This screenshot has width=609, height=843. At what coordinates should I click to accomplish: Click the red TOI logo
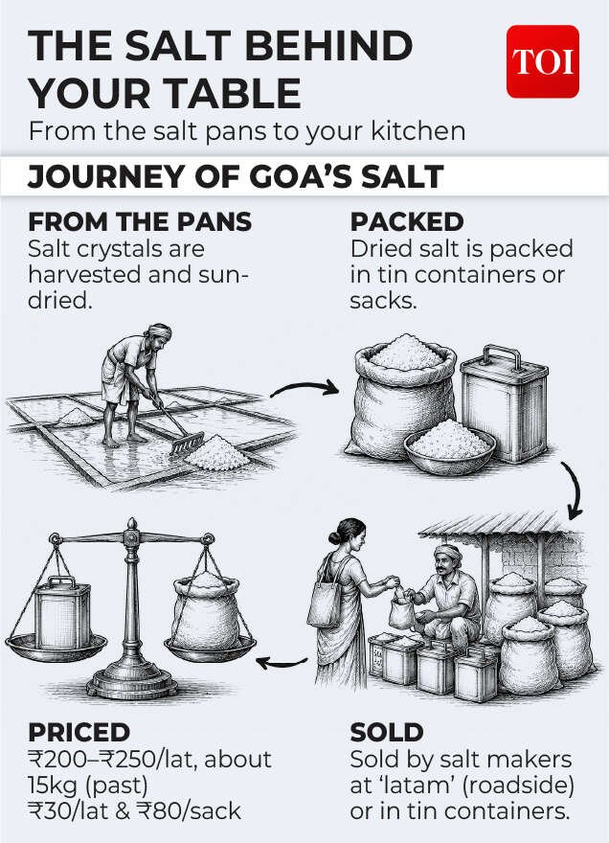[x=542, y=61]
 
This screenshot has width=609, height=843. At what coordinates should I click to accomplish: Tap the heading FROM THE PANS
[x=140, y=222]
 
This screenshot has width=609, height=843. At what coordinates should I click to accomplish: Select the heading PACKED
[x=406, y=222]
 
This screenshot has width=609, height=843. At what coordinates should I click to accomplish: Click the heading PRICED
[x=79, y=732]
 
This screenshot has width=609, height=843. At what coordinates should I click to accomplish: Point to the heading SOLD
[x=387, y=732]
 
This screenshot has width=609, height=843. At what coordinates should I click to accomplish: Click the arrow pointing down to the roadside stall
[x=575, y=490]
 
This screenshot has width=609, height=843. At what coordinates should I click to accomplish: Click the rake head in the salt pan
[x=187, y=444]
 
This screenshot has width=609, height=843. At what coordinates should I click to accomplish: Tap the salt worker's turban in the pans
[x=159, y=330]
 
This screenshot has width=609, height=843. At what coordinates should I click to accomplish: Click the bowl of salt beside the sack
[x=450, y=446]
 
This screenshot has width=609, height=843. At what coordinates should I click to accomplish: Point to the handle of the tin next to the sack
[x=502, y=354]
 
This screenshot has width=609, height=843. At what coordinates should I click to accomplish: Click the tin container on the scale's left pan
[x=62, y=612]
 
